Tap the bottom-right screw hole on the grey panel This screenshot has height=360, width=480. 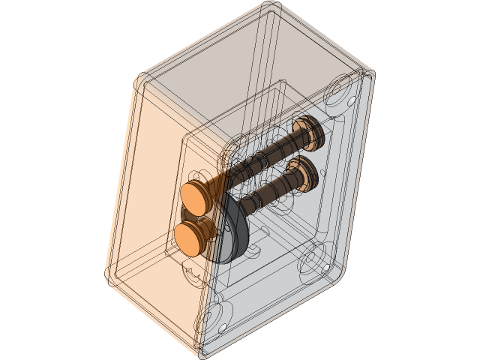(x=325, y=268)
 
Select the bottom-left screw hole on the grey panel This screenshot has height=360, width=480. (x=223, y=328)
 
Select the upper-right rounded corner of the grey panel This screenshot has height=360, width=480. (x=367, y=75)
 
